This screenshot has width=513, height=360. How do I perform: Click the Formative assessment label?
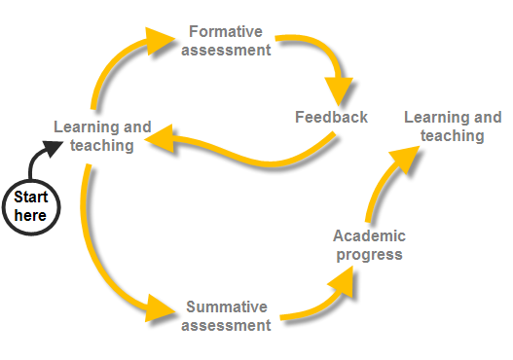coord(226,41)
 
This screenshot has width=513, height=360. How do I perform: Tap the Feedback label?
coord(331,118)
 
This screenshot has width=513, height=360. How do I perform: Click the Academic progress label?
coord(369,245)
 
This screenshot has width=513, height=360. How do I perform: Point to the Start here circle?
coord(30,206)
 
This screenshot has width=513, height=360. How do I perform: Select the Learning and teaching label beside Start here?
coord(102,136)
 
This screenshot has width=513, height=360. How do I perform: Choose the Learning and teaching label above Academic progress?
coord(453,126)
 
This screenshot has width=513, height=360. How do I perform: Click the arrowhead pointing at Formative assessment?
coord(156,41)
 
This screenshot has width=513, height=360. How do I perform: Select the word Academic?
coord(369,236)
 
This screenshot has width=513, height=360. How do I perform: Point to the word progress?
coord(369,255)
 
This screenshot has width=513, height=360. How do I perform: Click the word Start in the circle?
coord(30,198)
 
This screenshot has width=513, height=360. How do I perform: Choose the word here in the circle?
coord(30,215)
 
